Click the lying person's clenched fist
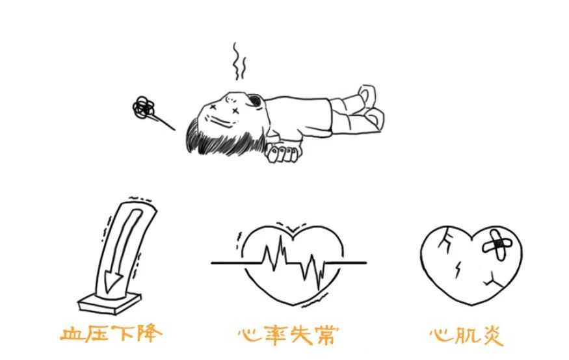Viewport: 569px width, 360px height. tap(284, 154)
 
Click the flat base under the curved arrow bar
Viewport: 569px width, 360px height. tap(109, 300)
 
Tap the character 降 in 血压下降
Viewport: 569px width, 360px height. tap(148, 334)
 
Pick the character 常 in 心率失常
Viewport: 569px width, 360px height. tap(326, 335)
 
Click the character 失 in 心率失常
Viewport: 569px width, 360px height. tap(300, 335)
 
